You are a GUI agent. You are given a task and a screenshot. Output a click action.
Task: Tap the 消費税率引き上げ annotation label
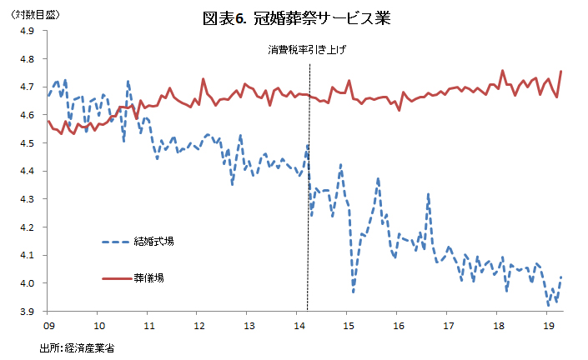pos(306,50)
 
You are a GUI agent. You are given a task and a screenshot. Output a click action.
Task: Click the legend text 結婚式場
pos(153,242)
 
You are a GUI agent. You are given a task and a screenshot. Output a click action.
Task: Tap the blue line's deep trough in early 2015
pos(353,291)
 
